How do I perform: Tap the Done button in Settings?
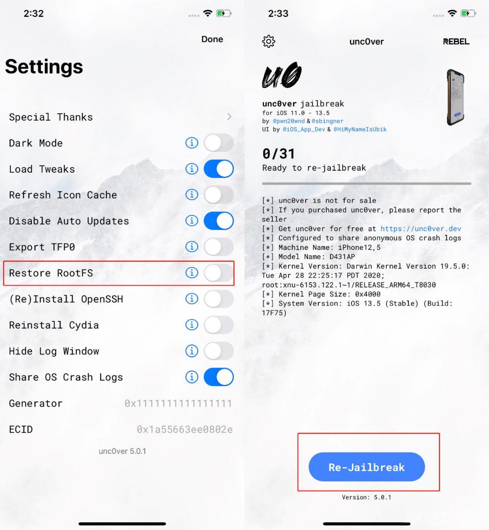pyautogui.click(x=212, y=39)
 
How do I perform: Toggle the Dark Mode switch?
pyautogui.click(x=219, y=143)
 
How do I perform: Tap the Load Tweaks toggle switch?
pyautogui.click(x=219, y=169)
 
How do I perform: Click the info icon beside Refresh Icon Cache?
pyautogui.click(x=192, y=195)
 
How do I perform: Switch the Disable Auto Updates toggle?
pyautogui.click(x=219, y=221)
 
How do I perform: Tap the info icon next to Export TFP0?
pyautogui.click(x=192, y=247)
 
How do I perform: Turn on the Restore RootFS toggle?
pyautogui.click(x=219, y=273)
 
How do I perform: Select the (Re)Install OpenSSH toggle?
pyautogui.click(x=219, y=299)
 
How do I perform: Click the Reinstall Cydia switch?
pyautogui.click(x=219, y=325)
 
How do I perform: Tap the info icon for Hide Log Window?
pyautogui.click(x=192, y=351)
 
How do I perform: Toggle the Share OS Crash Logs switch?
pyautogui.click(x=219, y=377)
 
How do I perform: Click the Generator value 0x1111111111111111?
pyautogui.click(x=178, y=404)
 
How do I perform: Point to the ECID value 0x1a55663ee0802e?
pyautogui.click(x=185, y=429)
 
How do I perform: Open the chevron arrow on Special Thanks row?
pyautogui.click(x=230, y=117)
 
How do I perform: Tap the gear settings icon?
pyautogui.click(x=268, y=41)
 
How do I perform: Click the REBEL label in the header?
pyautogui.click(x=456, y=42)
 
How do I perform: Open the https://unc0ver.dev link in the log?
pyautogui.click(x=421, y=229)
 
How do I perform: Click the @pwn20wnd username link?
pyautogui.click(x=289, y=121)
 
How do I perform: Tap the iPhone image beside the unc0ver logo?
pyautogui.click(x=455, y=97)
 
